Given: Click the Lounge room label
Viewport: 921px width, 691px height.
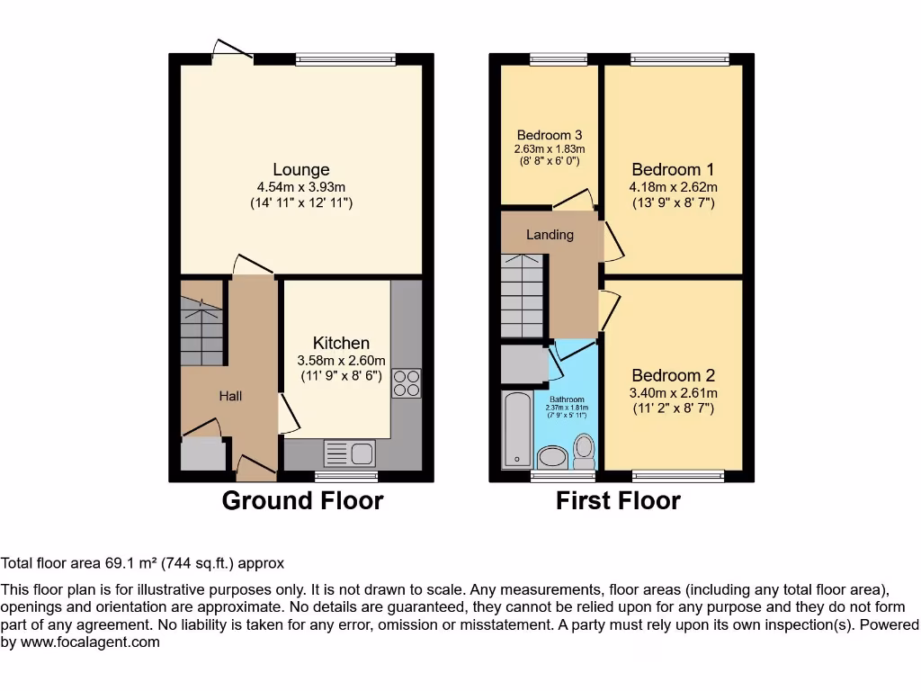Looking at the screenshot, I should [x=301, y=169].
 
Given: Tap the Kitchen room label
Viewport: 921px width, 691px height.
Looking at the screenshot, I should [x=341, y=343].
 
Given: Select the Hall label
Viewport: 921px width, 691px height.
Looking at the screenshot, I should [x=230, y=396].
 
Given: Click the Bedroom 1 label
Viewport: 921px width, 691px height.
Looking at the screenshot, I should [x=673, y=169].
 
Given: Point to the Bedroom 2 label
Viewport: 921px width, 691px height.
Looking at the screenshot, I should [x=673, y=375].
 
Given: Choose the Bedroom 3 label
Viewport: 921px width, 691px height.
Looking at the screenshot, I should [x=549, y=135].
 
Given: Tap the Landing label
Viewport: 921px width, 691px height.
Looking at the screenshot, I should [x=550, y=235].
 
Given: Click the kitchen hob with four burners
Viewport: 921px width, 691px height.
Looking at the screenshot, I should [x=405, y=383].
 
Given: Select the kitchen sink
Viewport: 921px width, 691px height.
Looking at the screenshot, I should [x=350, y=453].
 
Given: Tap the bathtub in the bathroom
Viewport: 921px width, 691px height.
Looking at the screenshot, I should [x=517, y=429].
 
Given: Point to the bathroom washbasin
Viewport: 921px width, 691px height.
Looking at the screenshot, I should [x=550, y=457].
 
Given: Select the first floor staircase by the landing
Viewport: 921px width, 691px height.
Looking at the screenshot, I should [x=523, y=295].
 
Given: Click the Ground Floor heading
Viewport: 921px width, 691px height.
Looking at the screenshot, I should [x=302, y=501].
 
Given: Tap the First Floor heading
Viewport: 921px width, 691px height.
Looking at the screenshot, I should [x=618, y=501].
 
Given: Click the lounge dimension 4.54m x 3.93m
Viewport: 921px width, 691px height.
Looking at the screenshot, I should [x=301, y=187].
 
